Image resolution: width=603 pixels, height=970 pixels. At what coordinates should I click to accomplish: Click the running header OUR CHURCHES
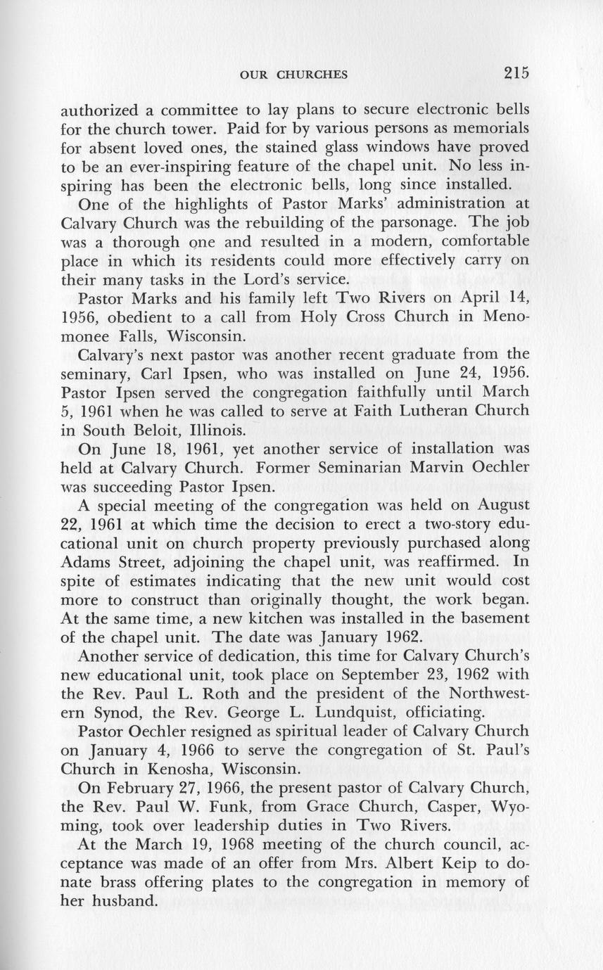click(x=293, y=75)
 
